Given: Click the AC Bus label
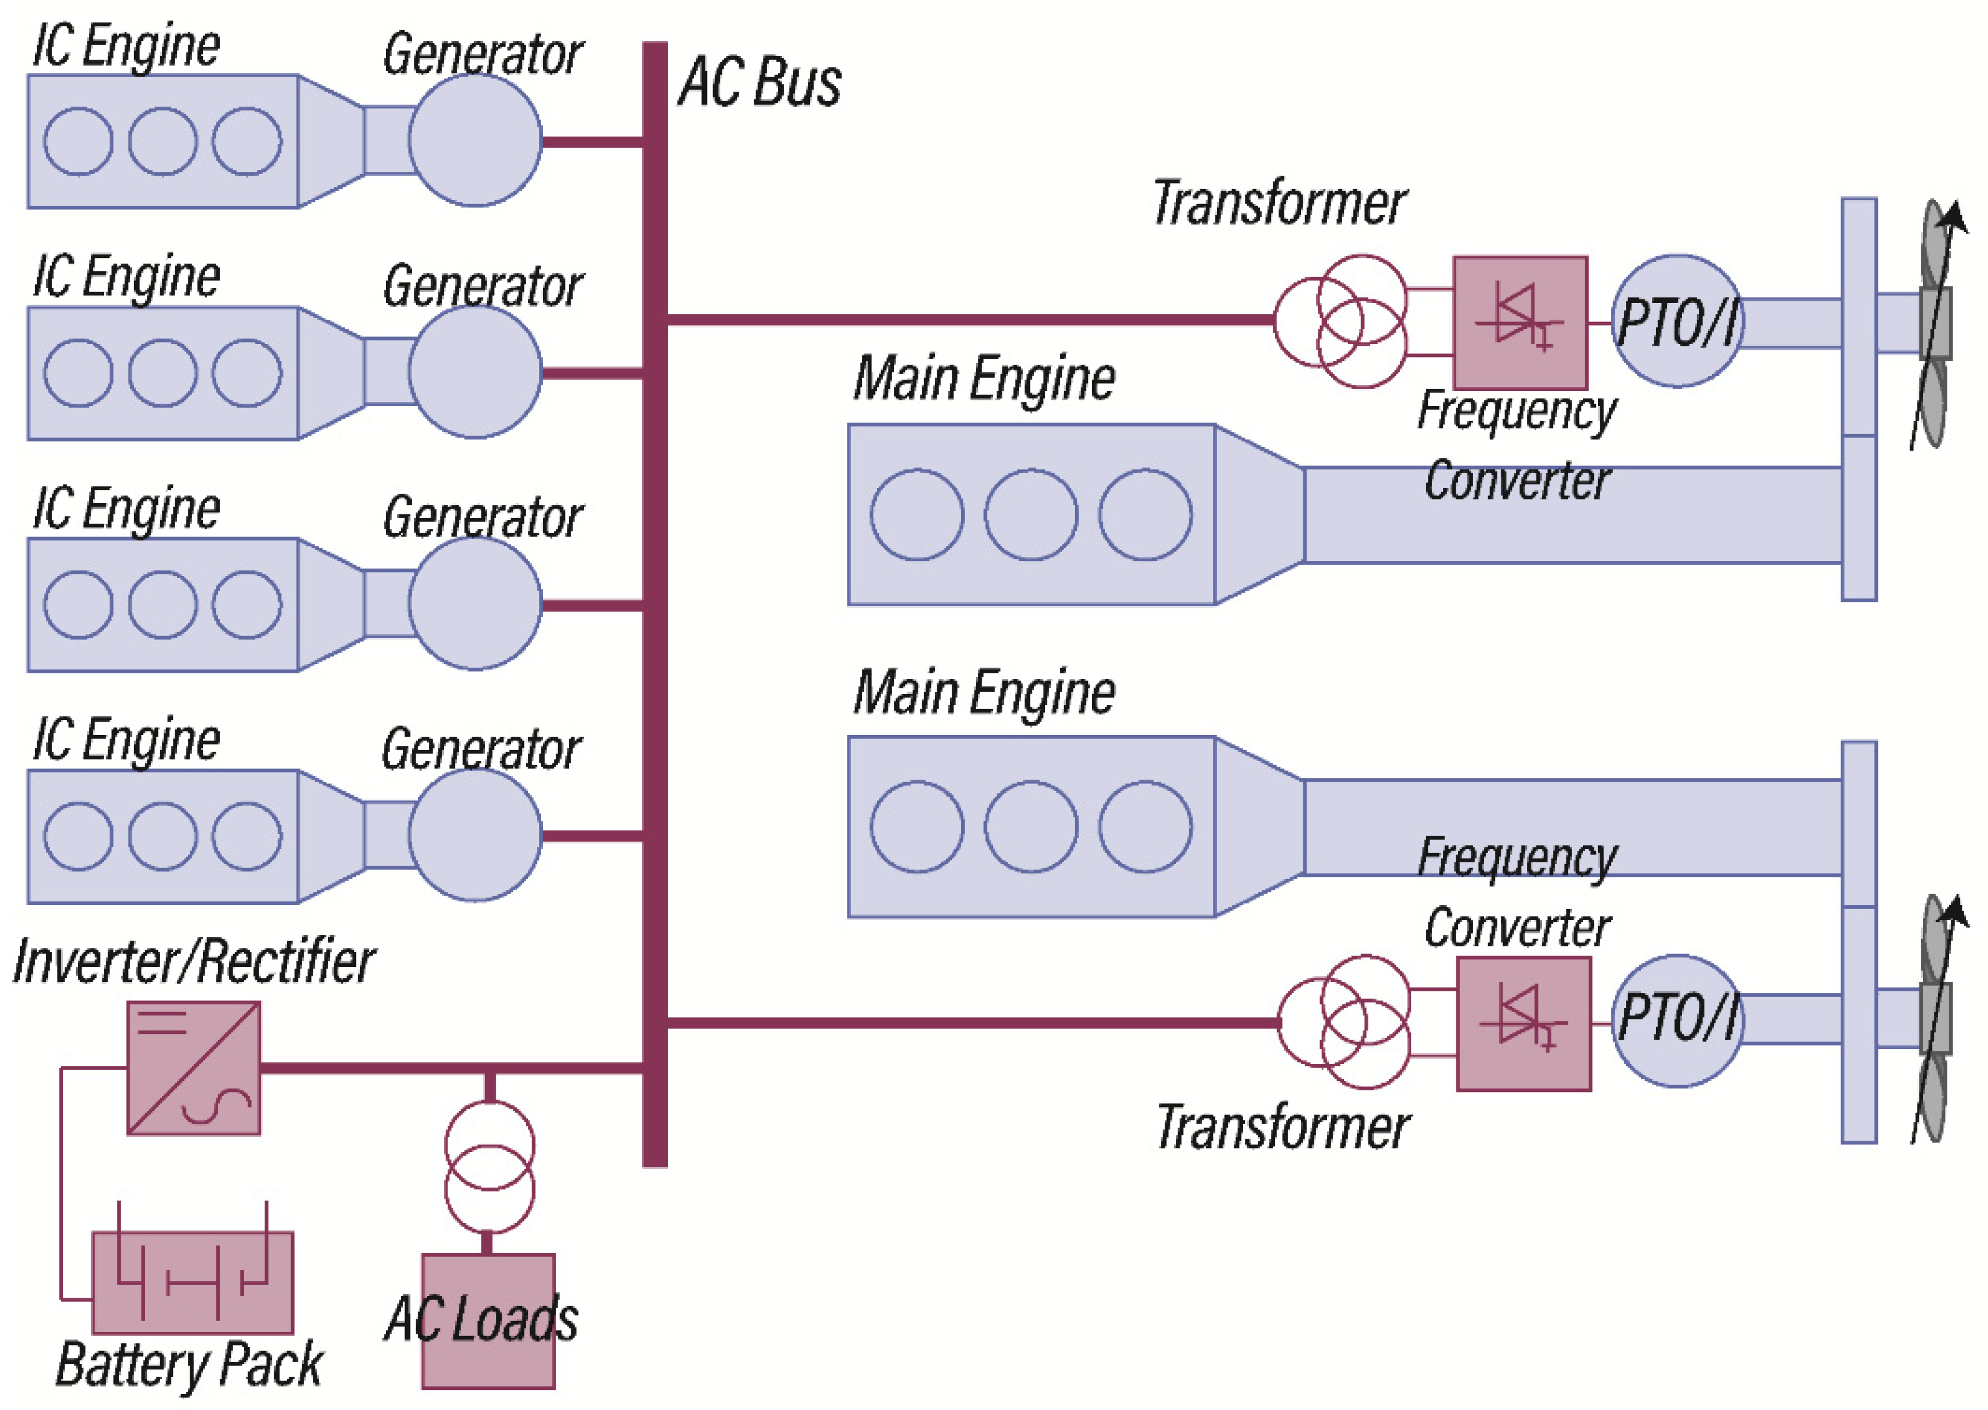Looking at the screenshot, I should pyautogui.click(x=758, y=82).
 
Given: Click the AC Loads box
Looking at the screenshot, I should pyautogui.click(x=488, y=1320).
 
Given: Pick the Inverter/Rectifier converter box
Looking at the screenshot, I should pyautogui.click(x=194, y=1068).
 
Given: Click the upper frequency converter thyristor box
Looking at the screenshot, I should pyautogui.click(x=1520, y=322).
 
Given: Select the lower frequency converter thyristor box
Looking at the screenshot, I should pyautogui.click(x=1524, y=1024).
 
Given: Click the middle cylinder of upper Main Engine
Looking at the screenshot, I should pyautogui.click(x=1030, y=514).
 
